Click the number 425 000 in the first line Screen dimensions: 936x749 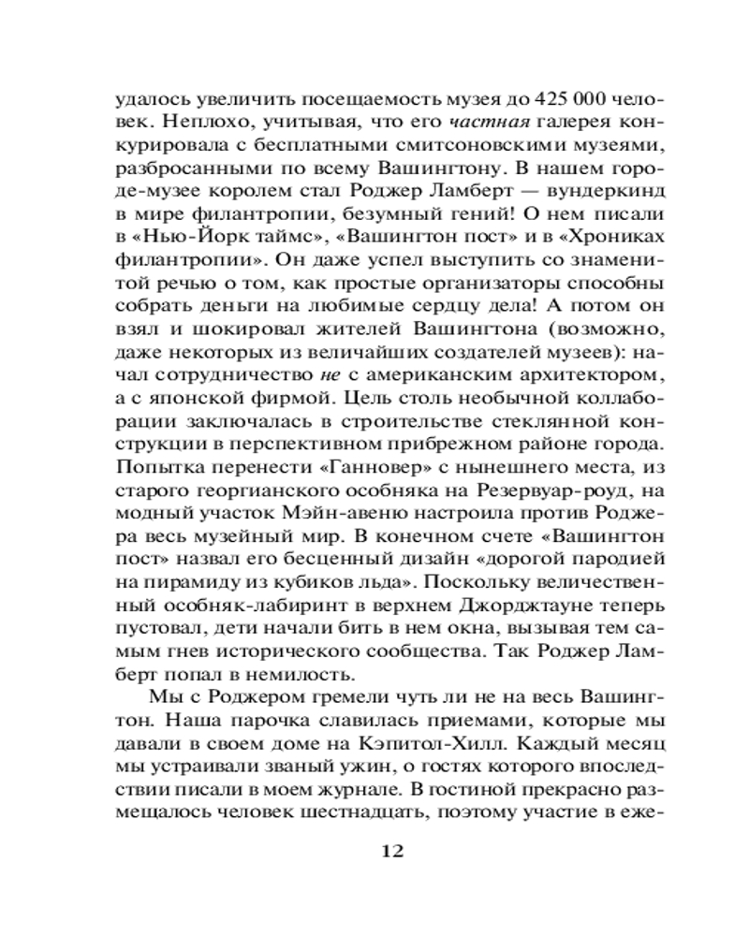570,97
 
